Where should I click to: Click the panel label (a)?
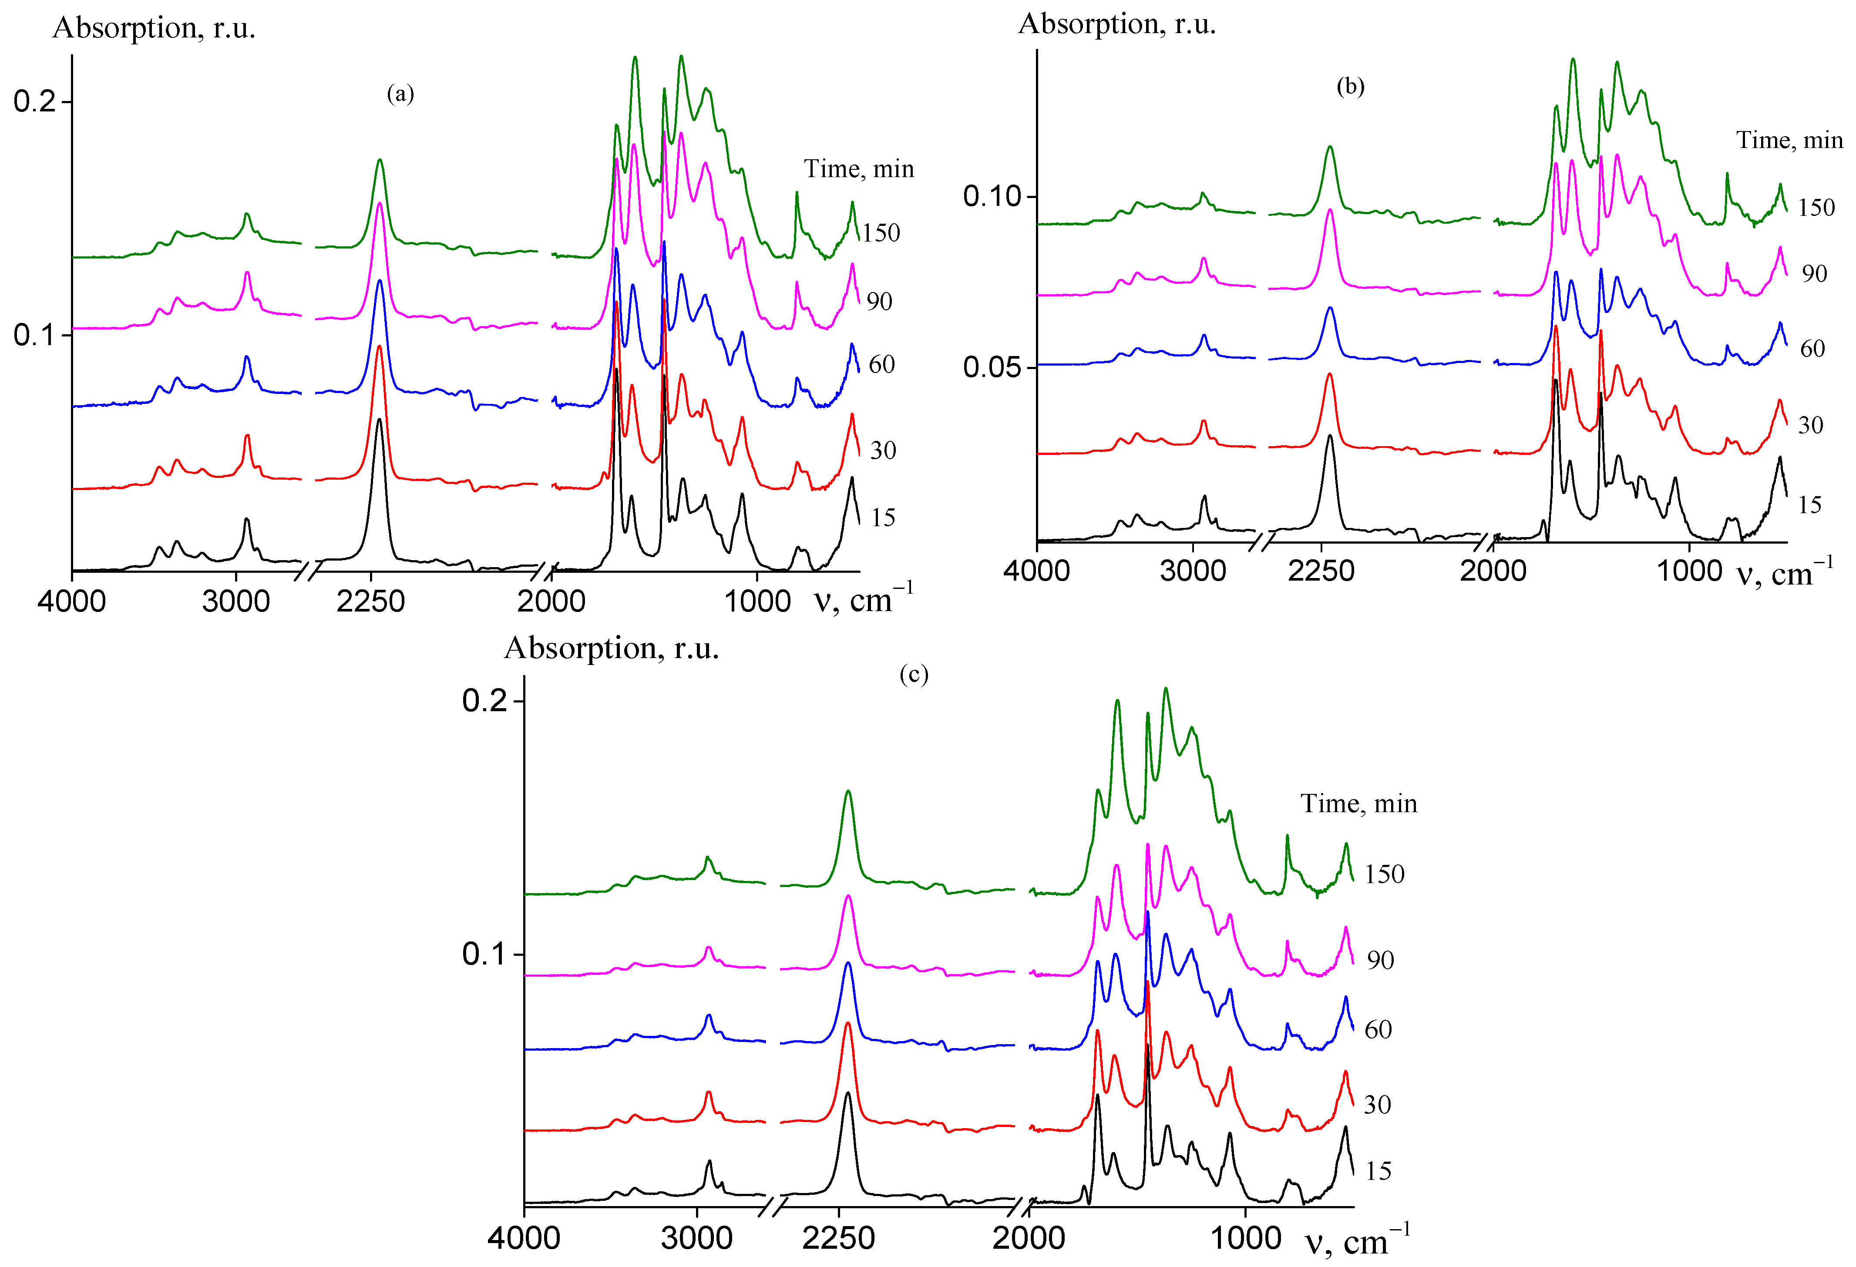tap(400, 94)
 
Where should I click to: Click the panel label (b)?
tap(1350, 86)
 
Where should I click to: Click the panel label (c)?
tap(914, 675)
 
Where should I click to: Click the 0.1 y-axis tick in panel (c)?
tap(484, 954)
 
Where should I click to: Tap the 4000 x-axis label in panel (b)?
tap(1037, 571)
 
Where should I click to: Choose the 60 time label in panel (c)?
tap(1378, 1030)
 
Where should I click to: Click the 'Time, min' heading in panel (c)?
tap(1358, 803)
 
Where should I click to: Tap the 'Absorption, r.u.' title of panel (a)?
tap(153, 28)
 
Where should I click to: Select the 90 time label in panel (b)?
tap(1814, 274)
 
